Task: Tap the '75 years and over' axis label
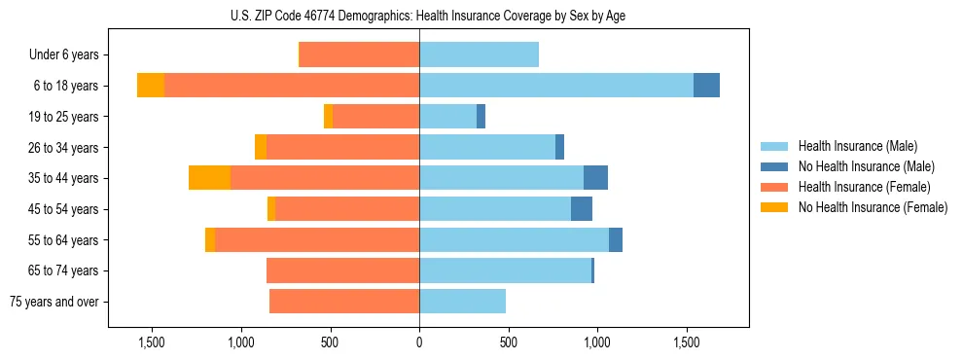(54, 302)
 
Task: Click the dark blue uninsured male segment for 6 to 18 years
(706, 86)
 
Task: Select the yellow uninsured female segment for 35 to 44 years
(209, 178)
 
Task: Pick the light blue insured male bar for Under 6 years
(479, 55)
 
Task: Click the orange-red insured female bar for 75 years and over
(344, 302)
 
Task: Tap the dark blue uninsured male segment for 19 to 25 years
(481, 117)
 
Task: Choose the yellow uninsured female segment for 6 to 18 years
(151, 86)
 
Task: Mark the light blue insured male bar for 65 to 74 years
(505, 270)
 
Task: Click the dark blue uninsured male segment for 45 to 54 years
(582, 209)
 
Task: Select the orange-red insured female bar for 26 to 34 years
(342, 147)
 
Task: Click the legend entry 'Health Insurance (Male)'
(857, 146)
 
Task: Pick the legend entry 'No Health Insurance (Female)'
(873, 206)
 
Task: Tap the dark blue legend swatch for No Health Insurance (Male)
(776, 166)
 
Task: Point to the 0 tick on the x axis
(419, 342)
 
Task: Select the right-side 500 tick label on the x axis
(508, 342)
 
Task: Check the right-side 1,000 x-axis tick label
(596, 342)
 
